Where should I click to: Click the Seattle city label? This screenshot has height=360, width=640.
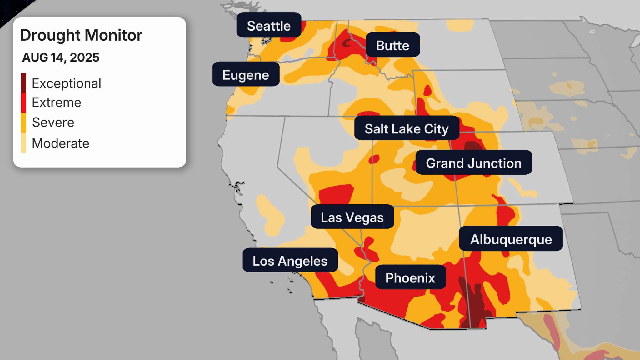pyautogui.click(x=269, y=26)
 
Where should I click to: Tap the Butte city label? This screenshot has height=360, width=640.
pyautogui.click(x=392, y=45)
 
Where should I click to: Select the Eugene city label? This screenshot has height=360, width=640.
pyautogui.click(x=246, y=75)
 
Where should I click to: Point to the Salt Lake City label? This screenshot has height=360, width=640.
pyautogui.click(x=407, y=128)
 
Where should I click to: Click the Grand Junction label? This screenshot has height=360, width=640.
pyautogui.click(x=473, y=163)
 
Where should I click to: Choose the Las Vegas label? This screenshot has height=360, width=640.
pyautogui.click(x=352, y=217)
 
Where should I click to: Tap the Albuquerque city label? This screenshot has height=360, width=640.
pyautogui.click(x=511, y=239)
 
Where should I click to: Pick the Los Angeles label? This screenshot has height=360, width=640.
pyautogui.click(x=290, y=261)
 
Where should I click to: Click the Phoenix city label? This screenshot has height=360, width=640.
pyautogui.click(x=410, y=277)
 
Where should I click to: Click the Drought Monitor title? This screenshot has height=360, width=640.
pyautogui.click(x=81, y=35)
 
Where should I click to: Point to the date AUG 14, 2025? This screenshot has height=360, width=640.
pyautogui.click(x=61, y=57)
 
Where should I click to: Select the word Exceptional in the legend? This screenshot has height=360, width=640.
pyautogui.click(x=66, y=83)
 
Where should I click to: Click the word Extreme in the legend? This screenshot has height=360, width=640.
pyautogui.click(x=57, y=102)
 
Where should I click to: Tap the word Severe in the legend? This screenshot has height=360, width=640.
pyautogui.click(x=53, y=122)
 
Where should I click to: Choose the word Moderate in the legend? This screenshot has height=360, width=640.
pyautogui.click(x=61, y=143)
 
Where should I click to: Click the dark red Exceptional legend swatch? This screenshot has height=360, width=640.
pyautogui.click(x=23, y=82)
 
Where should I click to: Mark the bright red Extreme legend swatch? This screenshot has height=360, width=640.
pyautogui.click(x=23, y=102)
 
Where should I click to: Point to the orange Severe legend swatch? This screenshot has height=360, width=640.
pyautogui.click(x=23, y=122)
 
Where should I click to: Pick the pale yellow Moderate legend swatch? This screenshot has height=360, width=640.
pyautogui.click(x=23, y=143)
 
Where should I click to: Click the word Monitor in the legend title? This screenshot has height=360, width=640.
pyautogui.click(x=113, y=35)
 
